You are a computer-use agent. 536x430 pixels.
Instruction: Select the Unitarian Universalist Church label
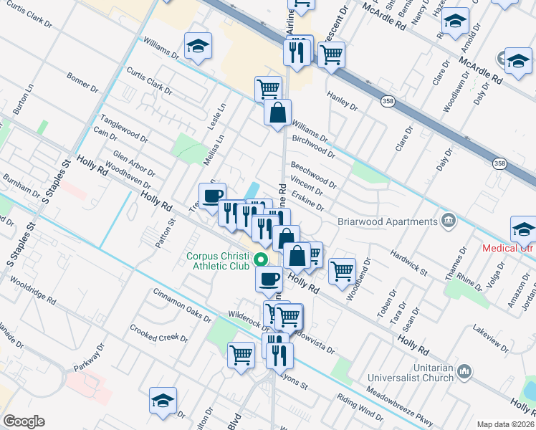click(x=411, y=373)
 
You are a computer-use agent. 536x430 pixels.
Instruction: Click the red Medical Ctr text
click(x=508, y=249)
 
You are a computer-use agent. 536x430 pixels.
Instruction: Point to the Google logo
click(x=24, y=421)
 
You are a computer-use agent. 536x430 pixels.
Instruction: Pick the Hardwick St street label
click(x=408, y=263)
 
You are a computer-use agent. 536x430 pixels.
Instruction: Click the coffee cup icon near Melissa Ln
click(x=212, y=196)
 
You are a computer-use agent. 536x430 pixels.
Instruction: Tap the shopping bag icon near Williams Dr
click(x=277, y=113)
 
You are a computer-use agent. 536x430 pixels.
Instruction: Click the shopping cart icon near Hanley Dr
click(x=331, y=54)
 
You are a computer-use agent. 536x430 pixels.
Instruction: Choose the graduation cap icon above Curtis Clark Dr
click(x=198, y=47)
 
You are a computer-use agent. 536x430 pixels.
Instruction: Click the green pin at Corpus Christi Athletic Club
click(x=262, y=260)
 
